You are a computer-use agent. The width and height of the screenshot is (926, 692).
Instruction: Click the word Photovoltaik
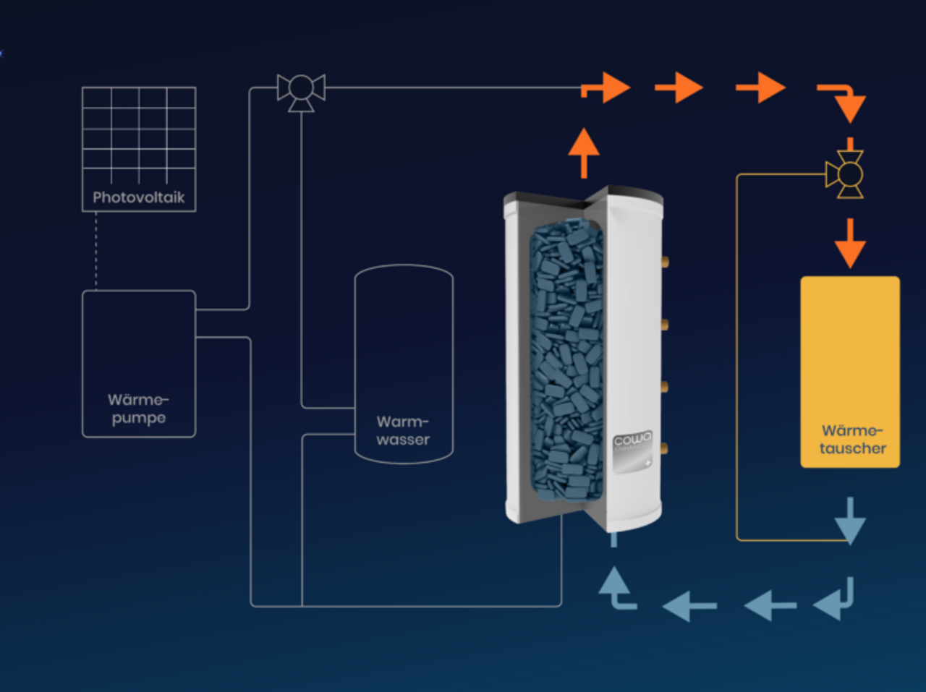tap(138, 197)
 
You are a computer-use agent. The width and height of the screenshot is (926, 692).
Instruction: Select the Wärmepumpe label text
tap(138, 409)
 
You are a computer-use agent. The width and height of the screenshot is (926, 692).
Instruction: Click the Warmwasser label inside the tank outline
tap(403, 430)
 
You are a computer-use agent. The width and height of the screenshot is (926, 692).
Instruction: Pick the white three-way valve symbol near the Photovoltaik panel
tap(301, 91)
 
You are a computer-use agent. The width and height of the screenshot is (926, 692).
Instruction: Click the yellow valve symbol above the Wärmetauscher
tap(847, 175)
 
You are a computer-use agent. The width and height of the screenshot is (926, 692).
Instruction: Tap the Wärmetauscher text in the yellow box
tap(852, 440)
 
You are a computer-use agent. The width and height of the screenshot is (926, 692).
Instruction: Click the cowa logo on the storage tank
tap(632, 440)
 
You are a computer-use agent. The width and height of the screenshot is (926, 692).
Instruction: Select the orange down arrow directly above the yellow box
tap(850, 244)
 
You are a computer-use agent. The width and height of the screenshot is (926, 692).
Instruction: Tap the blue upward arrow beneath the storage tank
tap(615, 587)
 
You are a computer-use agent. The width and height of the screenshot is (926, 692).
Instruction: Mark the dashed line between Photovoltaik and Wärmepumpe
tap(96, 251)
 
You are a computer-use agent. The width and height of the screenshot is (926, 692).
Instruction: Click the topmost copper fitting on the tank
tap(664, 261)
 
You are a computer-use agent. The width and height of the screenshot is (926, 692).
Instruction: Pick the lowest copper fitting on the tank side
tap(664, 449)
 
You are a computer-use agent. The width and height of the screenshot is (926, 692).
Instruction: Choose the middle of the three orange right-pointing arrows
tap(680, 87)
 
